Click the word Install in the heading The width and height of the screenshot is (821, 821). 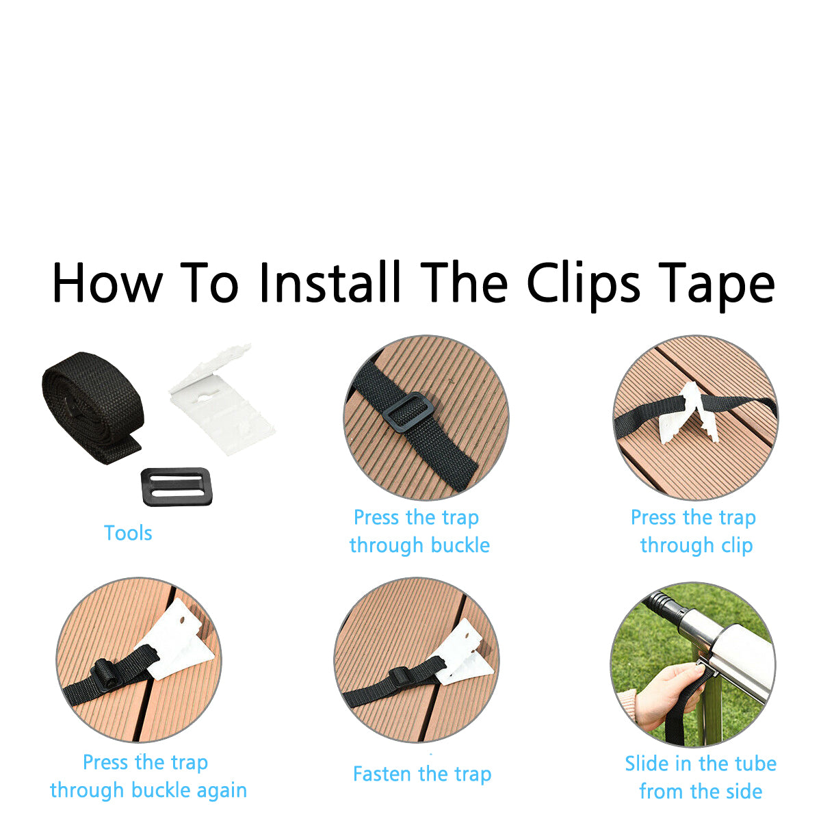click(330, 283)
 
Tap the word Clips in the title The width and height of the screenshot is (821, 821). click(584, 286)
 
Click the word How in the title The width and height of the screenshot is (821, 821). click(107, 283)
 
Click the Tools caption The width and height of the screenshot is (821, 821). click(128, 533)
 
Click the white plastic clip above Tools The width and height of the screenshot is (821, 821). click(222, 400)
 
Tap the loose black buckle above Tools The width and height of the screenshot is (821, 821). click(177, 486)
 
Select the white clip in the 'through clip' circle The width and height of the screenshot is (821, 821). click(690, 413)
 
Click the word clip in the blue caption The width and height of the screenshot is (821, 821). click(737, 546)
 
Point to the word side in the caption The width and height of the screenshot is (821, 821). click(744, 791)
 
